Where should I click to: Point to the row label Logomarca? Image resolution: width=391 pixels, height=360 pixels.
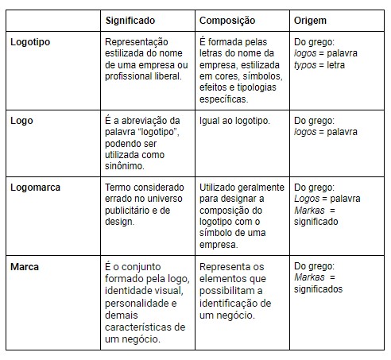pos(36,188)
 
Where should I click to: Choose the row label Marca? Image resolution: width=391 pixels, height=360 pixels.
pos(25,266)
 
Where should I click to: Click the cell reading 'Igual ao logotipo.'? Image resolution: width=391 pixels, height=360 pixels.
pos(234,121)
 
